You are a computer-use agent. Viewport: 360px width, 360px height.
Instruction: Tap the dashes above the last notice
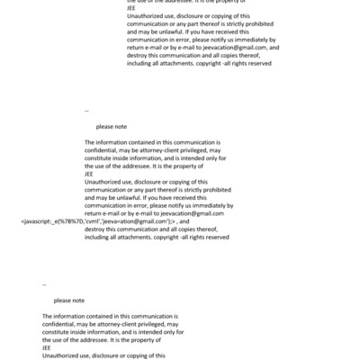pos(44,284)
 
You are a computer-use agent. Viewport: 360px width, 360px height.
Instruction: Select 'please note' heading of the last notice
pos(68,301)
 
